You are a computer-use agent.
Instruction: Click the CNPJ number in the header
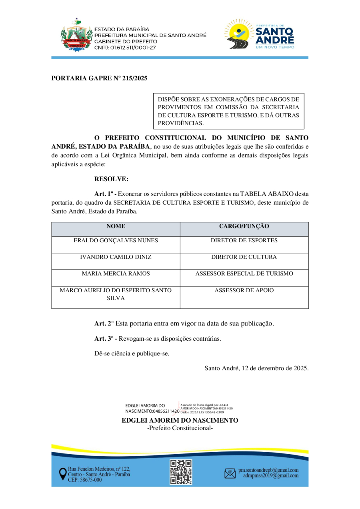coord(125,48)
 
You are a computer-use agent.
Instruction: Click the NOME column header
coord(116,226)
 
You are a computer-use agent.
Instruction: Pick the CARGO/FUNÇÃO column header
coord(244,226)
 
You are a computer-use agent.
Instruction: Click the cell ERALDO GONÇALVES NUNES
coord(116,241)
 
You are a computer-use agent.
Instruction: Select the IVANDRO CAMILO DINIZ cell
coord(116,257)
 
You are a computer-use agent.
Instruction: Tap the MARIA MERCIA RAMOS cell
coord(116,274)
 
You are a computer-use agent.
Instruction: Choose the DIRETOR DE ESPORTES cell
coord(244,241)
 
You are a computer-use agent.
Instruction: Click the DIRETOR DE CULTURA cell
coord(244,257)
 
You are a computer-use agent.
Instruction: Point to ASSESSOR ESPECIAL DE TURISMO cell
coord(244,274)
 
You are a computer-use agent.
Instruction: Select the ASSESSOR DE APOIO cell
coord(244,291)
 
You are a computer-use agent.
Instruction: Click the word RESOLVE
coord(111,179)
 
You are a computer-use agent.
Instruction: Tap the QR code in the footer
coord(180,472)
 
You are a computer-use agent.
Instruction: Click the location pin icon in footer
coord(62,474)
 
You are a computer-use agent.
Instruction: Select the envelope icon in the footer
coord(230,473)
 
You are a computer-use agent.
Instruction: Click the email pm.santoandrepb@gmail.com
coord(268,470)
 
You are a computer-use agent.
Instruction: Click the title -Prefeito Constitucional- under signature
coord(180,428)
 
